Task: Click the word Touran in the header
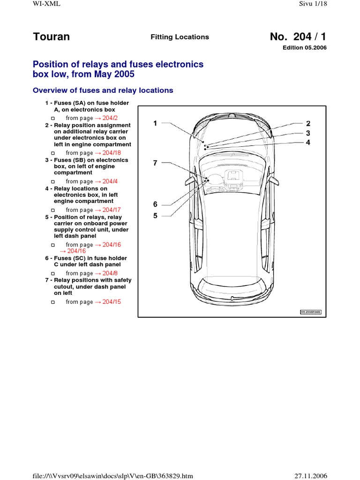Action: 52,37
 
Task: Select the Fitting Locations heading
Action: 173,37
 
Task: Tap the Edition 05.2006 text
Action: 304,48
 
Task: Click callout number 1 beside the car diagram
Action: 155,123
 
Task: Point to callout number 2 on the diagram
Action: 308,124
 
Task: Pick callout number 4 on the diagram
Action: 308,142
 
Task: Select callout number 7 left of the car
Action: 155,163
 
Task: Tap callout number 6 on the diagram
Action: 155,204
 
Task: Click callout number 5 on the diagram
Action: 155,216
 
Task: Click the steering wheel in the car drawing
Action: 214,180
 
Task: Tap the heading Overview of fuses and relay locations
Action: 102,90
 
